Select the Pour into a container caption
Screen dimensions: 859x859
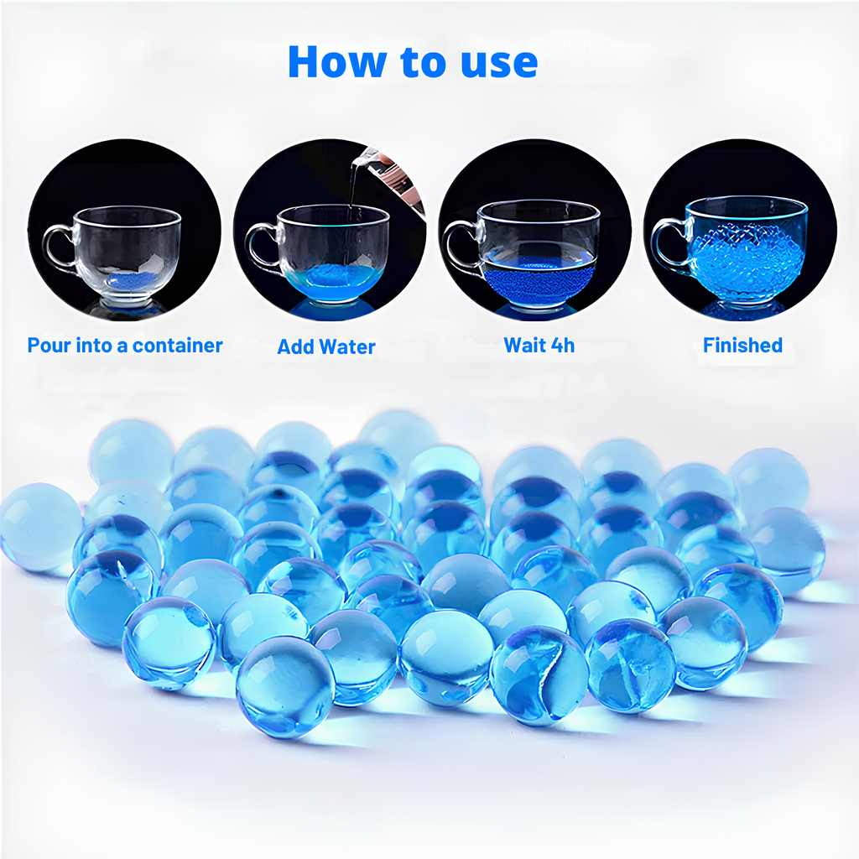[x=125, y=346]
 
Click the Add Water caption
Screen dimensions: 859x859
[x=326, y=346]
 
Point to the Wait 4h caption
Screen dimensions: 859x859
[x=539, y=345]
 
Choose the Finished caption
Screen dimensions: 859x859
[x=743, y=345]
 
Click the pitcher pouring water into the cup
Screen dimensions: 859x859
[x=390, y=176]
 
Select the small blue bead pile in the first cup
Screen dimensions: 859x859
[x=132, y=280]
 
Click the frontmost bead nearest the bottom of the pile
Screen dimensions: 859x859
[x=285, y=686]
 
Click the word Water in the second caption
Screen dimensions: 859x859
[x=347, y=346]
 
